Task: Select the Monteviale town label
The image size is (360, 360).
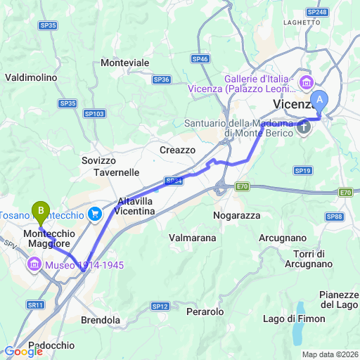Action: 125,63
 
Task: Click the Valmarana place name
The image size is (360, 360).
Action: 193,238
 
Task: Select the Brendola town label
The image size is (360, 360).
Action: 101,320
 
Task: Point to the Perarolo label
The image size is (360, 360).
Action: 205,311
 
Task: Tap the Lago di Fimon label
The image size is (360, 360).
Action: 294,319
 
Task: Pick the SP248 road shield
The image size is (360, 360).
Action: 316,12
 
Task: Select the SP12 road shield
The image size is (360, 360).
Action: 160,306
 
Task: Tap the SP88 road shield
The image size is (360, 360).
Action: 335,217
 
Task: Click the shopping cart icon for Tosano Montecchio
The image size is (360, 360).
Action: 96,214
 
